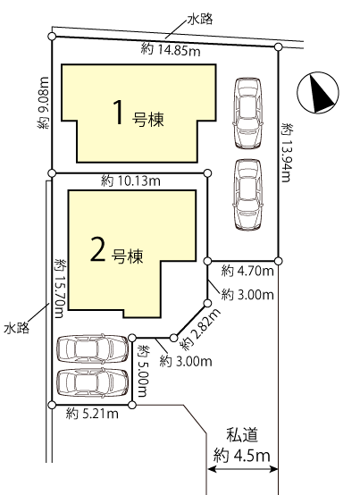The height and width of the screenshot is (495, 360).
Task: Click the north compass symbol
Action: [x=318, y=93]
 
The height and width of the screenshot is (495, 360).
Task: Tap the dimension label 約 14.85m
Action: [x=171, y=50]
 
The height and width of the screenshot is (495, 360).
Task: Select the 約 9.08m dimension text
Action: [x=44, y=103]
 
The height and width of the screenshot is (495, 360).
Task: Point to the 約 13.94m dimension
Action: [x=287, y=153]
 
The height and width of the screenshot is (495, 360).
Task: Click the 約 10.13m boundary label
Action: [x=130, y=181]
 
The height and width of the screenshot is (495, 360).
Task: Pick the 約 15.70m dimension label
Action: [x=60, y=289]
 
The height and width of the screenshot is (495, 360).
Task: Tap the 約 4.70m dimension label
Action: [x=247, y=271]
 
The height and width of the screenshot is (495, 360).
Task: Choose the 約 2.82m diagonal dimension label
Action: [x=201, y=330]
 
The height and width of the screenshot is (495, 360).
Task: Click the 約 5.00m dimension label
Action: [x=143, y=372]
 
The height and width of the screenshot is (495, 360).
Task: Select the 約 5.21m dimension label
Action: [x=92, y=413]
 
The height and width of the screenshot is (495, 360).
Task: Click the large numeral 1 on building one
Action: [x=118, y=112]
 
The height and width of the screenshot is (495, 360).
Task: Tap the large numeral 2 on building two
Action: [x=97, y=248]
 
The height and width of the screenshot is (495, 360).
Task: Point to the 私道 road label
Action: [x=242, y=435]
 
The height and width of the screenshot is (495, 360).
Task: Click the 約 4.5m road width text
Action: [x=242, y=456]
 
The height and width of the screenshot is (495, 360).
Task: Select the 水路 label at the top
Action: [x=200, y=20]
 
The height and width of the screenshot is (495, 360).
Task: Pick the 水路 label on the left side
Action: [x=16, y=328]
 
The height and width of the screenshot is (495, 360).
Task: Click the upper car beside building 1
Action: [x=247, y=113]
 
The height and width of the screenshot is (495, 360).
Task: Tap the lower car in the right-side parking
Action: [x=248, y=194]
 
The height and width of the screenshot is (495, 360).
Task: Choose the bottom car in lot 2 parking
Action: [x=92, y=382]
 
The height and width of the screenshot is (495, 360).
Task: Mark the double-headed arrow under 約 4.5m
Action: [x=242, y=469]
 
